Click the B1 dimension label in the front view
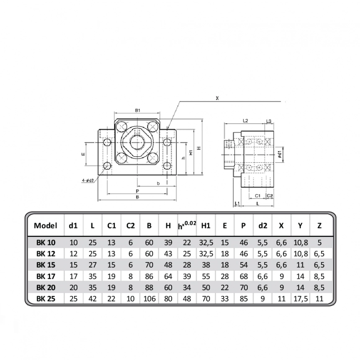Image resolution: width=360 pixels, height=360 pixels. click(x=137, y=111)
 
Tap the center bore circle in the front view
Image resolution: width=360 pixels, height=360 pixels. click(x=137, y=142)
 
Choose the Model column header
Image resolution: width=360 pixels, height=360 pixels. click(x=45, y=226)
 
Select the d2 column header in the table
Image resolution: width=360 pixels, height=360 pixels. click(x=262, y=226)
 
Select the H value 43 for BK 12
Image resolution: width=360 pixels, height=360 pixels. click(x=168, y=254)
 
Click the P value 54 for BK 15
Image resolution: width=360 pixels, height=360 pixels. click(x=244, y=265)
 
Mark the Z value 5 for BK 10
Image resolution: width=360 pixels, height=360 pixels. click(x=319, y=242)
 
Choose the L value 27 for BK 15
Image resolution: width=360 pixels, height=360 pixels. click(x=93, y=265)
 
